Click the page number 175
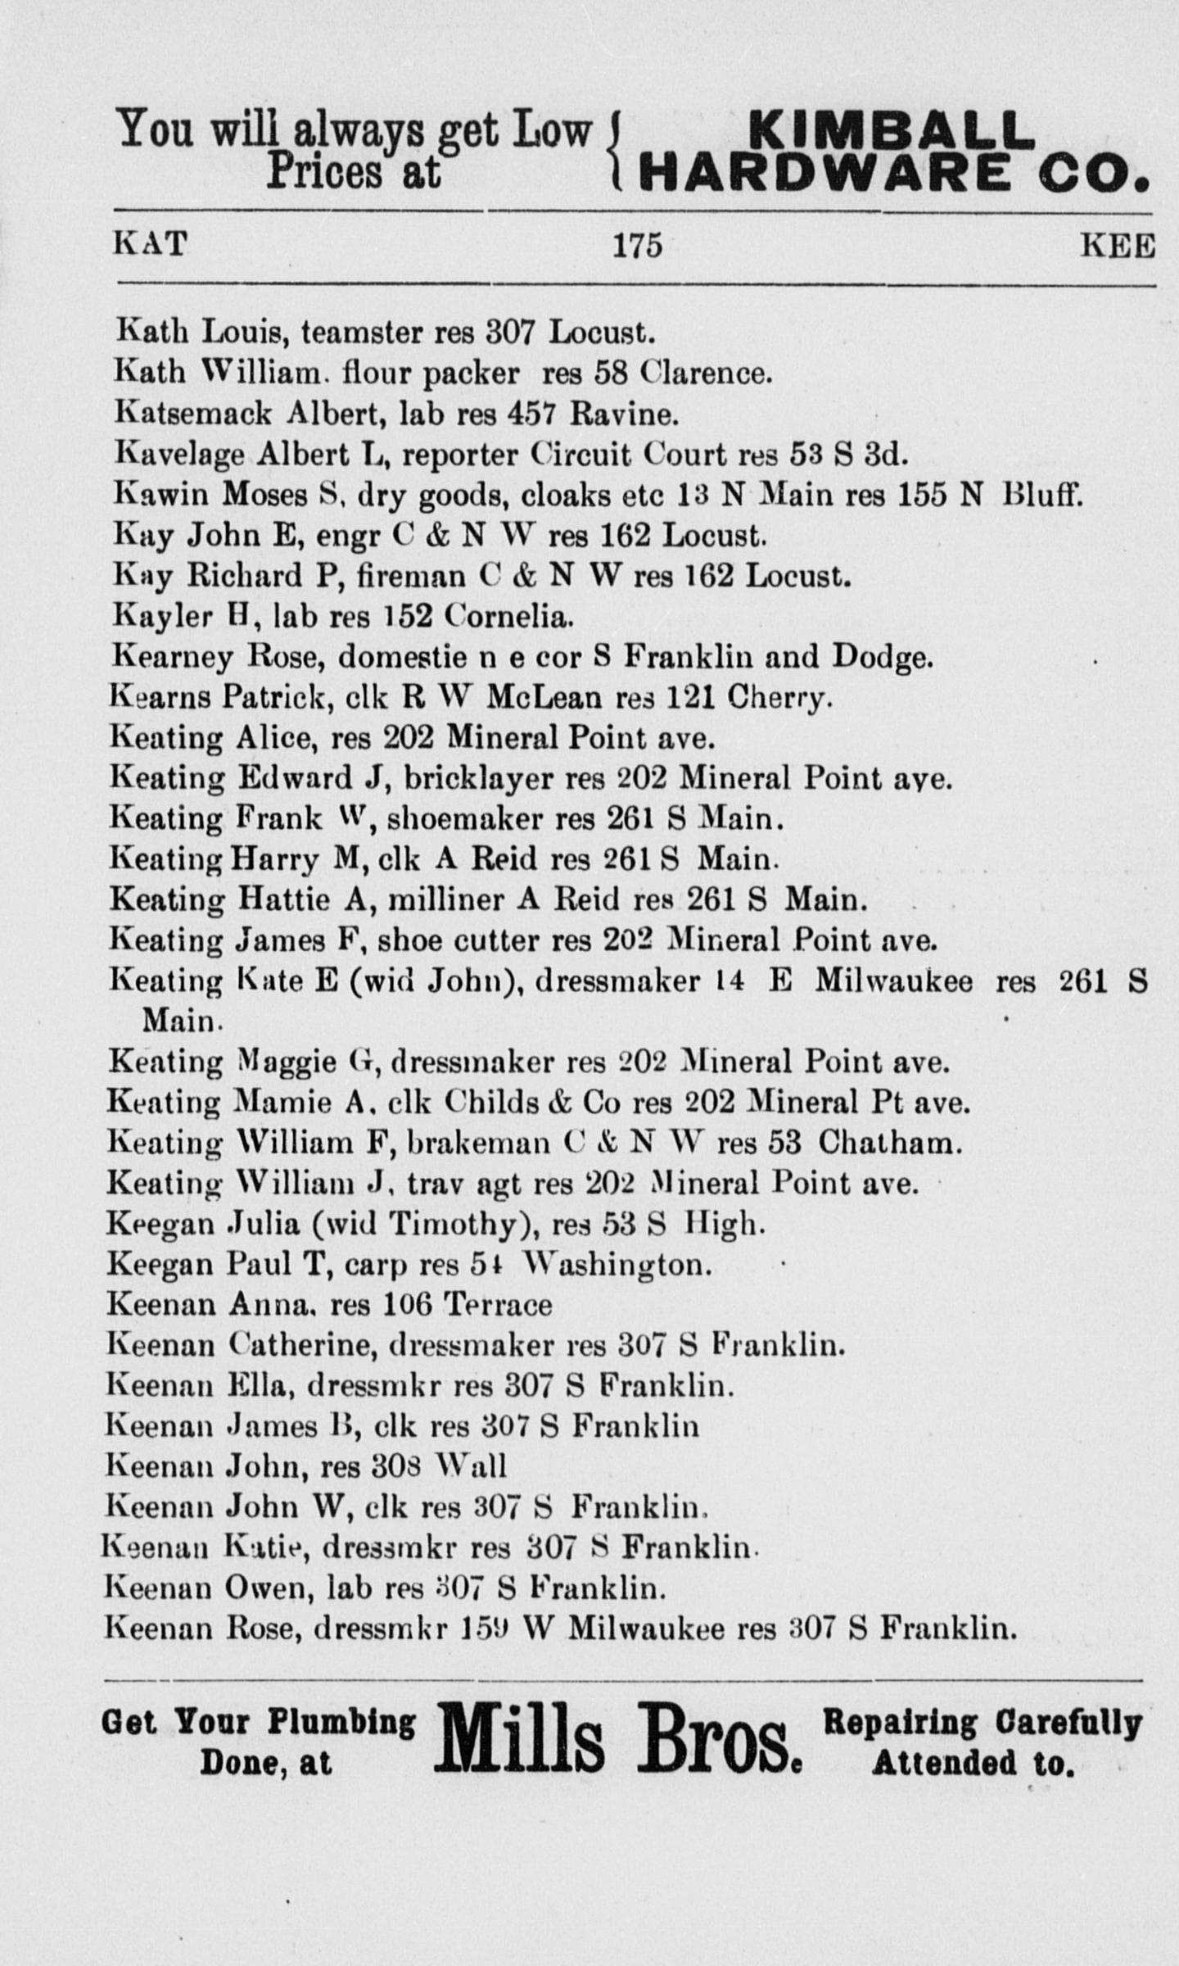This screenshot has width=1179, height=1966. click(x=638, y=246)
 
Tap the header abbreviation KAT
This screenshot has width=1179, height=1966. click(x=149, y=243)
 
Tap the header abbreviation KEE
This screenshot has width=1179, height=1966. click(x=1118, y=245)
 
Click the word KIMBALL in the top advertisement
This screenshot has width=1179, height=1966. click(x=891, y=130)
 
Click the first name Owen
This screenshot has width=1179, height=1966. click(x=269, y=1589)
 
